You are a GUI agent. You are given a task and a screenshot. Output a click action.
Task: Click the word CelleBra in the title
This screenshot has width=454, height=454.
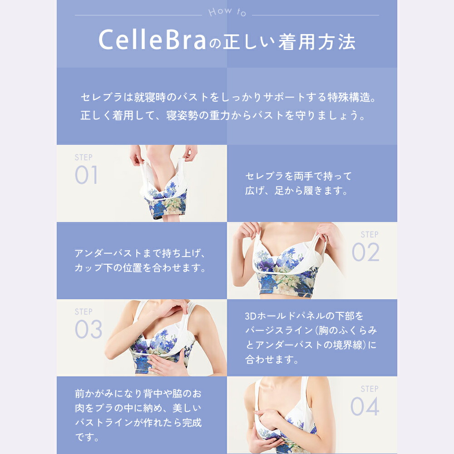(x=153, y=41)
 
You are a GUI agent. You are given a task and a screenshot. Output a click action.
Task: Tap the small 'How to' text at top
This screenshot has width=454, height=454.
(x=227, y=12)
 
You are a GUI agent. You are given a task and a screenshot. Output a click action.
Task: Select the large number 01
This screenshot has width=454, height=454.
(x=86, y=176)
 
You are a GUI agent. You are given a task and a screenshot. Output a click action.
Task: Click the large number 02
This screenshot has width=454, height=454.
(x=365, y=253)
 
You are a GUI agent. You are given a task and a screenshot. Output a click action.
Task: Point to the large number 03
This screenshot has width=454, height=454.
(x=88, y=330)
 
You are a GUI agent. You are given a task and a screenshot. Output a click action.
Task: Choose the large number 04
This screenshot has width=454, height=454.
(x=365, y=407)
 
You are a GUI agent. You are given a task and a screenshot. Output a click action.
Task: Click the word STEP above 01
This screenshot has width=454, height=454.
(x=84, y=158)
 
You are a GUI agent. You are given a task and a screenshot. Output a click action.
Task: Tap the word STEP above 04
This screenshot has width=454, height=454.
(x=370, y=389)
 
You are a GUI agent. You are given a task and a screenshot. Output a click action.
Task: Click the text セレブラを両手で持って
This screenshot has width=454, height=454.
(x=298, y=176)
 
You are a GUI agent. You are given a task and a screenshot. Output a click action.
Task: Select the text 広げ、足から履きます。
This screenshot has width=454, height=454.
(x=296, y=191)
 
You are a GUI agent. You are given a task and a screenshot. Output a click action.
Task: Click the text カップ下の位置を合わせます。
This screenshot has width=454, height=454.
(x=140, y=268)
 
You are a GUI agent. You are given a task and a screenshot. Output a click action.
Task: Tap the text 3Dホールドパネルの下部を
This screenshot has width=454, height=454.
(x=304, y=316)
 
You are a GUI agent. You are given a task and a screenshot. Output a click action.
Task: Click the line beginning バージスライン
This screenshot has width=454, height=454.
(x=311, y=330)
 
